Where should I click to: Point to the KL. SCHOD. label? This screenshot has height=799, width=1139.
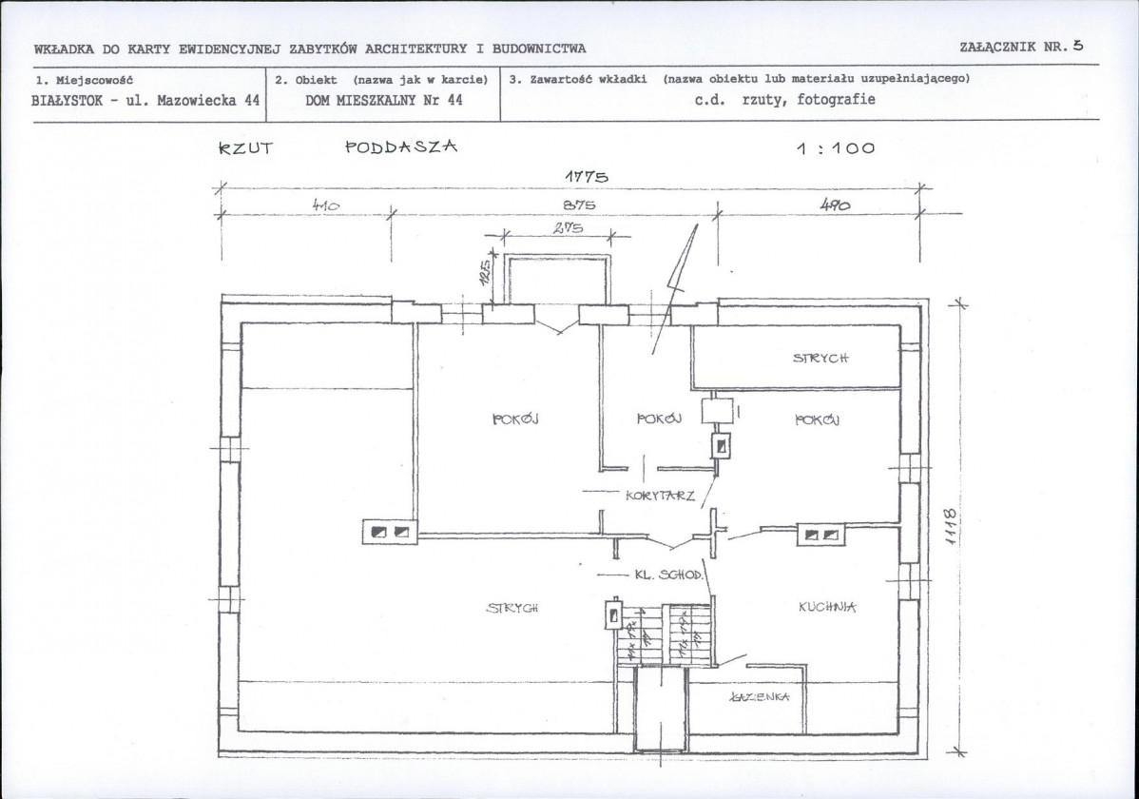click(667, 575)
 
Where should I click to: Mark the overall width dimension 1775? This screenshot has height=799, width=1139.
click(586, 176)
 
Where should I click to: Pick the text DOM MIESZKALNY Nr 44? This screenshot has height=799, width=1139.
click(384, 100)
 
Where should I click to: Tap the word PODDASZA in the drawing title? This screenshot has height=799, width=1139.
click(401, 146)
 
